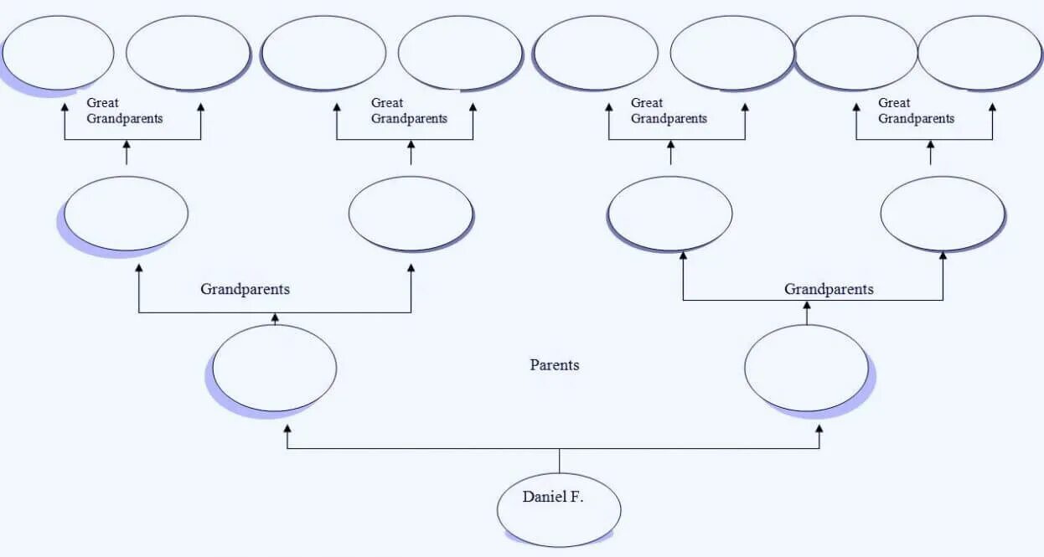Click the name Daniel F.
click(x=553, y=497)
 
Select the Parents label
click(x=555, y=365)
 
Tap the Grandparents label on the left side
click(x=245, y=289)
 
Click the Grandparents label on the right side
click(x=829, y=289)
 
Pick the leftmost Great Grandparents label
click(x=125, y=111)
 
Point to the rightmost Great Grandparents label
click(x=916, y=111)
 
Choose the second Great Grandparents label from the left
click(x=409, y=111)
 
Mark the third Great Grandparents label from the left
click(x=669, y=111)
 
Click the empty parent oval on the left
click(x=275, y=368)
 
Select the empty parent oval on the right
click(x=806, y=368)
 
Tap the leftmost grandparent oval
click(x=126, y=213)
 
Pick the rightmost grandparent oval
click(x=943, y=213)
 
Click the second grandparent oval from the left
click(x=411, y=213)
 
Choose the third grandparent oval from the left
click(x=670, y=213)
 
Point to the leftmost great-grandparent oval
click(x=58, y=52)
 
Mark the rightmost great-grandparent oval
click(x=979, y=52)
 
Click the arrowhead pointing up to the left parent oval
click(x=287, y=429)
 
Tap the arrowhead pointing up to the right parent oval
click(x=819, y=429)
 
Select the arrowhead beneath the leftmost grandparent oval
click(x=139, y=268)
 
